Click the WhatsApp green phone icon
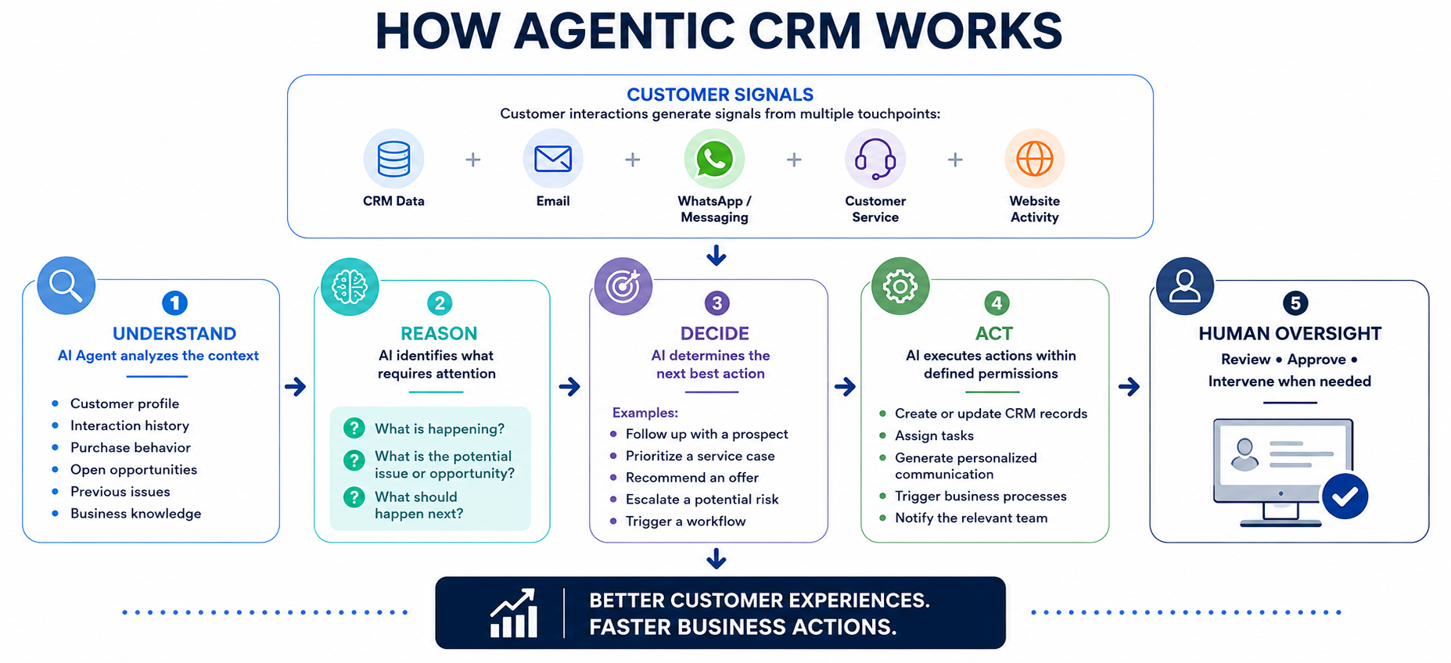click(714, 159)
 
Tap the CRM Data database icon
click(393, 159)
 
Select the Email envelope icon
click(553, 159)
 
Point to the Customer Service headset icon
click(875, 159)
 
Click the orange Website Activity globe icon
click(1034, 159)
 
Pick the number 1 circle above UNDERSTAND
click(174, 303)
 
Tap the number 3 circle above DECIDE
click(717, 303)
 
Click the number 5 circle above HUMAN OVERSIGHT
click(1295, 303)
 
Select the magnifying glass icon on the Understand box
click(66, 285)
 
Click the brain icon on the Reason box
click(350, 287)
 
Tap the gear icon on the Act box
click(900, 286)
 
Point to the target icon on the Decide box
click(623, 286)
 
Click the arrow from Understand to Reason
click(295, 386)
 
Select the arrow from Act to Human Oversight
click(1129, 386)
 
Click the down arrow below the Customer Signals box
click(717, 255)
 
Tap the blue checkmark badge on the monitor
click(1345, 496)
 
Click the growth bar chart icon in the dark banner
click(514, 613)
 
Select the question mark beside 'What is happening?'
click(354, 428)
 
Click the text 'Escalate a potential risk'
click(702, 499)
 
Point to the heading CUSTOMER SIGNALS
click(720, 95)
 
